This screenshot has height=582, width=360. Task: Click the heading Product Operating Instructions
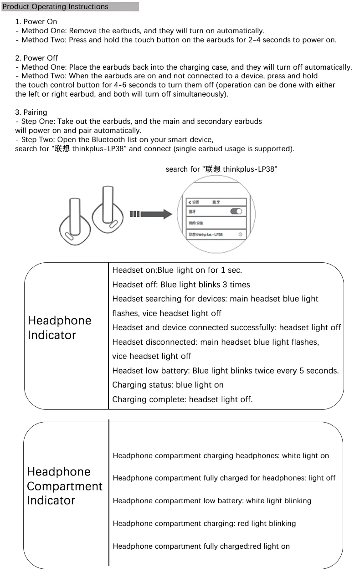[x=56, y=7]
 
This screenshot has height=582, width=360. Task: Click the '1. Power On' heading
[x=36, y=21]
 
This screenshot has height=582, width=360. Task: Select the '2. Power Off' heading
[x=36, y=58]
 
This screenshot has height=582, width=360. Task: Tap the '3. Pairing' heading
[x=31, y=112]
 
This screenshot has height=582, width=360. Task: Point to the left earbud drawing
[x=72, y=221]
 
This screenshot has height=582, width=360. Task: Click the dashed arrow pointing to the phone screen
[x=150, y=214]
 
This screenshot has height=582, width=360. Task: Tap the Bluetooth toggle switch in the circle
[x=237, y=211]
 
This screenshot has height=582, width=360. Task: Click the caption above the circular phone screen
[x=221, y=169]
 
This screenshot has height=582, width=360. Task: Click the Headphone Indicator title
[x=59, y=327]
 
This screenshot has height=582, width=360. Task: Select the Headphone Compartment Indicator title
[x=64, y=486]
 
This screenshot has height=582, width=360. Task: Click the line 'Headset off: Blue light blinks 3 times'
[x=181, y=285]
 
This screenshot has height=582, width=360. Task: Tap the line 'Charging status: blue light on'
[x=168, y=385]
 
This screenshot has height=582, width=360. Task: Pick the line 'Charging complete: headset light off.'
[x=182, y=399]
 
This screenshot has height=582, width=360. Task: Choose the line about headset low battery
[x=226, y=371]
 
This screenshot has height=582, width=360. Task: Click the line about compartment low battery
[x=212, y=500]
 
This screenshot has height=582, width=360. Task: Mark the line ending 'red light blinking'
[x=204, y=523]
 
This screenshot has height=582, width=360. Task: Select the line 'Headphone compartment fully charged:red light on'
[x=201, y=546]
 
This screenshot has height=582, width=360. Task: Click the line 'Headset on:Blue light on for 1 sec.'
[x=177, y=270]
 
